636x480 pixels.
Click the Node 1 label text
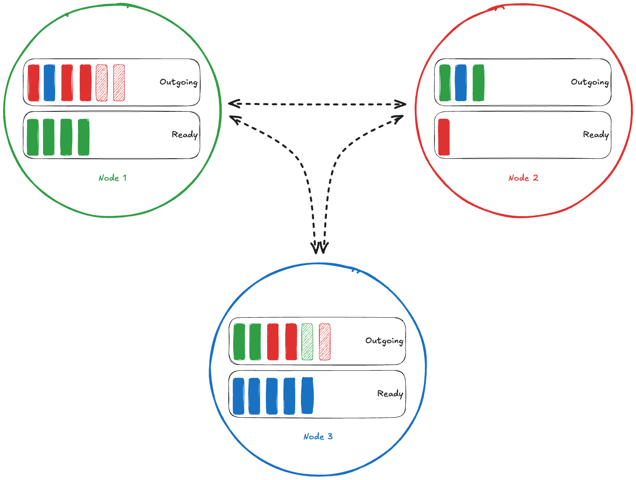(x=113, y=178)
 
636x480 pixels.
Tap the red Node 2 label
(x=523, y=178)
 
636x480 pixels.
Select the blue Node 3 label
(x=318, y=437)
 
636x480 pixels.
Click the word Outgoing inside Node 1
(x=178, y=82)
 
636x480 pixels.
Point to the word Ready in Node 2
(x=596, y=135)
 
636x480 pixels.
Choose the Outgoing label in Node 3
(x=384, y=341)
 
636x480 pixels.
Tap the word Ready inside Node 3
(x=390, y=394)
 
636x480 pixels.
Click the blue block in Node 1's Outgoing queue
(x=49, y=83)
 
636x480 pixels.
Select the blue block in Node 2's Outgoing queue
(x=461, y=83)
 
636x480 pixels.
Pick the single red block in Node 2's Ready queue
(x=444, y=137)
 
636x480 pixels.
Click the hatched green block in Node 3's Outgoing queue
(x=307, y=342)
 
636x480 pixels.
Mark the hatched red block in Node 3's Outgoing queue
(x=325, y=342)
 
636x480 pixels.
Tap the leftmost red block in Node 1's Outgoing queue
(x=33, y=83)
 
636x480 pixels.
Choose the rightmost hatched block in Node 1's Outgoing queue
(x=119, y=83)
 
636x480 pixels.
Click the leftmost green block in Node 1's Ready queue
(x=32, y=137)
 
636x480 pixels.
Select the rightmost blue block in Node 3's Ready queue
(x=307, y=396)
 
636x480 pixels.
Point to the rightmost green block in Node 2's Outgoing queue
(x=478, y=83)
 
